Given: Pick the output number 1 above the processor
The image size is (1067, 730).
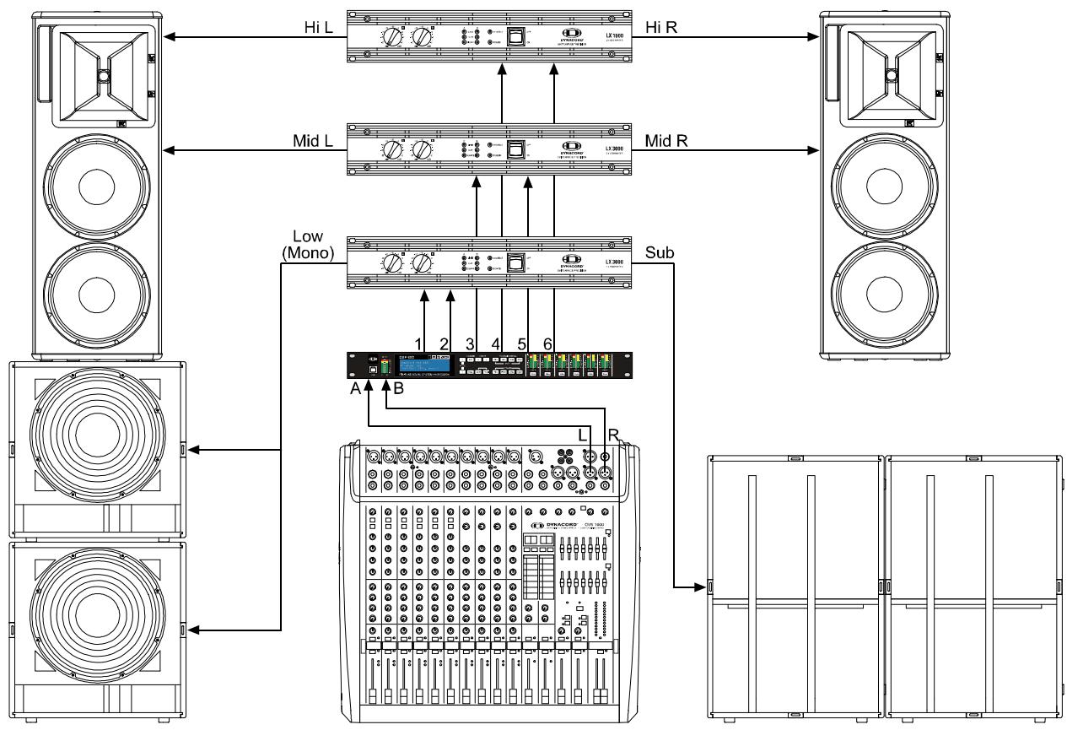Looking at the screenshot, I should [419, 343].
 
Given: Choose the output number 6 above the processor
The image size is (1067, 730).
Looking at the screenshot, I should [548, 343].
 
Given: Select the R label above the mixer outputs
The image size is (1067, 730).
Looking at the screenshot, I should [612, 433].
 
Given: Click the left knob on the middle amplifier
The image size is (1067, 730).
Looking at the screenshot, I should [393, 151].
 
